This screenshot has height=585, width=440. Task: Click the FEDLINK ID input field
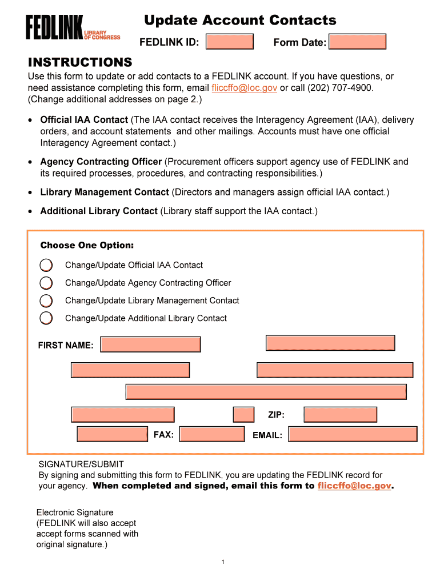pos(229,42)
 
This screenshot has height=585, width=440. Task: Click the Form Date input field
pos(358,42)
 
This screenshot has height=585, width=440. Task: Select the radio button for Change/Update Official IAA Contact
pos(46,265)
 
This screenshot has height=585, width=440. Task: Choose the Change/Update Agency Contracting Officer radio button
pos(46,283)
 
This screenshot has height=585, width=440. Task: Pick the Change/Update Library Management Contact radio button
pos(46,300)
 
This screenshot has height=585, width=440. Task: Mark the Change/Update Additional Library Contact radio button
pos(46,318)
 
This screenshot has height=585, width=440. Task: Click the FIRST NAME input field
pos(150,344)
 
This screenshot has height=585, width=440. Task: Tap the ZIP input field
pos(340,415)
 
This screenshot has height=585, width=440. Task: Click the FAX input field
pos(211,434)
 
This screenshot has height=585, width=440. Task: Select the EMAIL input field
pos(353,434)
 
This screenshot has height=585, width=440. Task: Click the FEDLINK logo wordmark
pos(54,27)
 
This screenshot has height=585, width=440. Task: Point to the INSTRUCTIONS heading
pos(80,62)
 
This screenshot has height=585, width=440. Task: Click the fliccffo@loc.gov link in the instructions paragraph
pos(244,88)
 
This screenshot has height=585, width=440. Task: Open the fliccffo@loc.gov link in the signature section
pos(354,486)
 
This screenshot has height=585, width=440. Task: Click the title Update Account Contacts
pos(240,21)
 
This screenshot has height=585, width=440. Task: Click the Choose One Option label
pos(87,246)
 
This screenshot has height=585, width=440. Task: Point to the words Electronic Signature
pos(75,512)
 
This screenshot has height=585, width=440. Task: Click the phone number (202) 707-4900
pos(340,88)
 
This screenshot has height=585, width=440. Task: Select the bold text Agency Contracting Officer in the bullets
pos(101,162)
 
